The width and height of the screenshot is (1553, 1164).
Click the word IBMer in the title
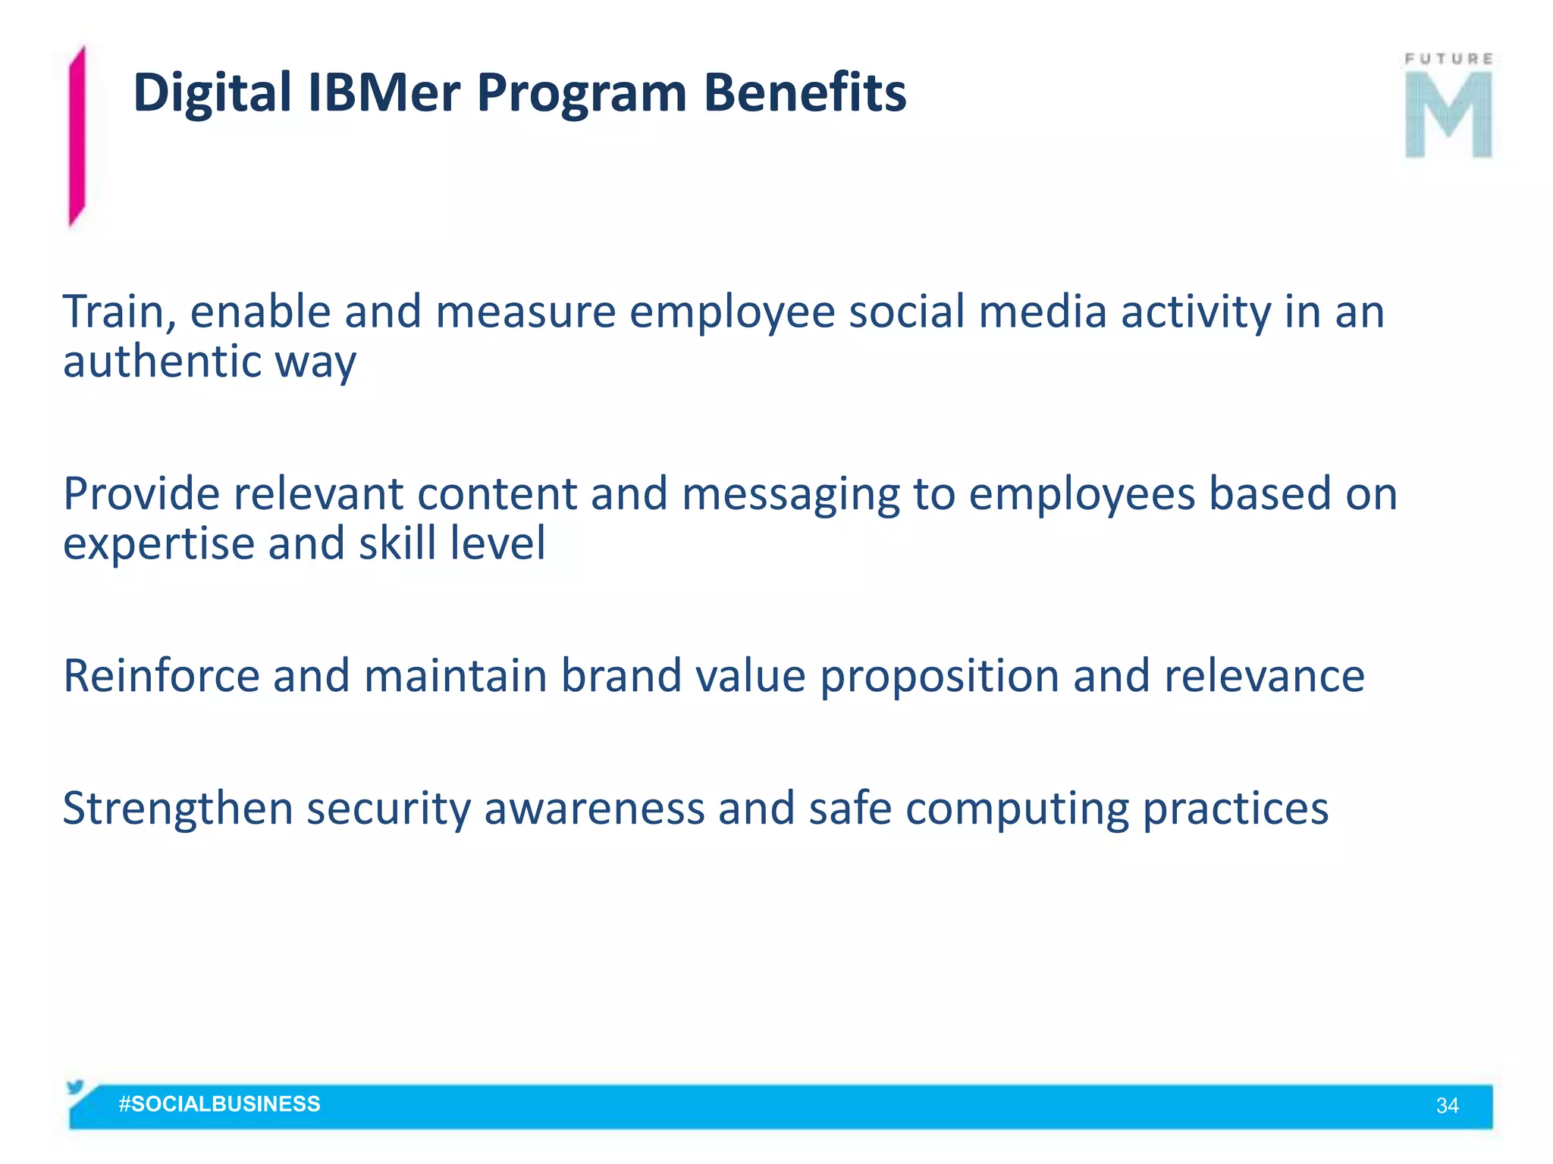click(384, 92)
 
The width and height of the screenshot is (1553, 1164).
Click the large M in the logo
click(1448, 115)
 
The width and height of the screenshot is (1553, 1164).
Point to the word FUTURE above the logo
click(1448, 59)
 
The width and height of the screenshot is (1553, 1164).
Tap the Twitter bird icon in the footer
click(76, 1087)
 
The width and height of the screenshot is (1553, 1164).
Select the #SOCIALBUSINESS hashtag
click(219, 1104)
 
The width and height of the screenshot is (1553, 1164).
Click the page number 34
click(1447, 1106)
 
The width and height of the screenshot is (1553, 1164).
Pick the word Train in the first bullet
click(120, 312)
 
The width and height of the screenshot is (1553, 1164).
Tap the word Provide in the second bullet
click(141, 494)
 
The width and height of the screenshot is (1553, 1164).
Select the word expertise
click(158, 545)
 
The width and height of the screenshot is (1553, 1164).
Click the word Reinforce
click(161, 676)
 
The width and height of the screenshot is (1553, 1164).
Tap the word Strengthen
click(177, 809)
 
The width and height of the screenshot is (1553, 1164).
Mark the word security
click(388, 809)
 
